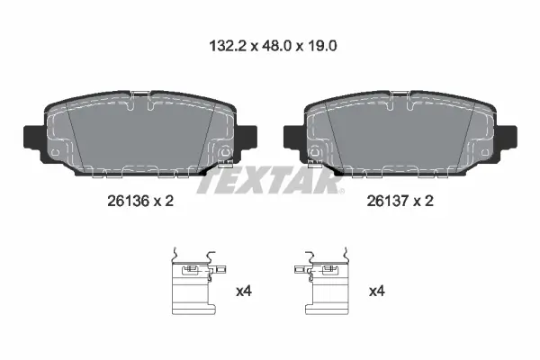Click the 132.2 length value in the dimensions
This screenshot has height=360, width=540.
pos(228,46)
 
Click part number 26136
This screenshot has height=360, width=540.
pos(128,201)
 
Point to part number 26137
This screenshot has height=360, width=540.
pos(388,201)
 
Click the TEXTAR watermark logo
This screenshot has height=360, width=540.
pos(270,180)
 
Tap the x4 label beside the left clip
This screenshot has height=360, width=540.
pos(244,292)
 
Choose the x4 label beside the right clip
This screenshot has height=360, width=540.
pos(377,292)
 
